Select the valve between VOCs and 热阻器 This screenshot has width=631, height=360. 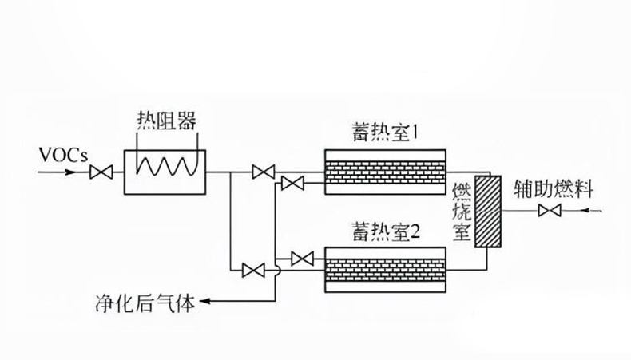(x=101, y=171)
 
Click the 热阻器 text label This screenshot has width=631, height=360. (x=165, y=121)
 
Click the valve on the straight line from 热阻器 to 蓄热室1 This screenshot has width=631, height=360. (x=262, y=171)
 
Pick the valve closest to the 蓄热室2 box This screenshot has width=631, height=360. (x=303, y=258)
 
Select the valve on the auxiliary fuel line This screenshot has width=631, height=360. (x=550, y=211)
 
